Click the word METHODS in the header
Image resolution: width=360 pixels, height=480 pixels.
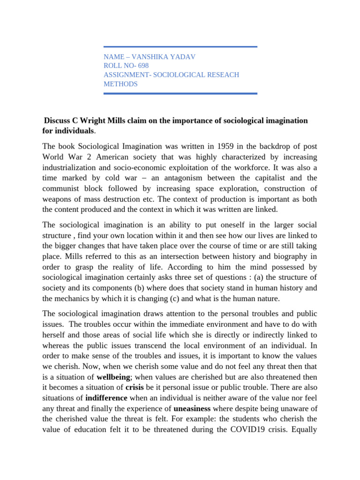pos(120,84)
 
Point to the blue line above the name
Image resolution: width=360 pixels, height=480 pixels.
pos(180,47)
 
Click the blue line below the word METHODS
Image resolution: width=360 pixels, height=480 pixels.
pos(180,93)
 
